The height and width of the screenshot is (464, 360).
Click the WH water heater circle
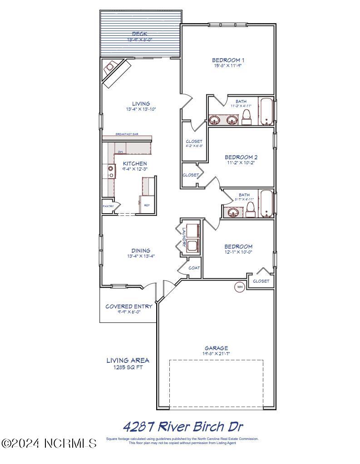pos(239,286)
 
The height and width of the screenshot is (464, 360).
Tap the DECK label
pos(140,34)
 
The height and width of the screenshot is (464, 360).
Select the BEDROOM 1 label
pos(228,60)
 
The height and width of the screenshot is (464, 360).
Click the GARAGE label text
pos(216,348)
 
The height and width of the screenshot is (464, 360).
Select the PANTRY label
pos(108,206)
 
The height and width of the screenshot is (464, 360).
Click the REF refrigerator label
pos(147,205)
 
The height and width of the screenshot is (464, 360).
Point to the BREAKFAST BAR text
pos(127,134)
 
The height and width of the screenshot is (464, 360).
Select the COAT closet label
pos(194,268)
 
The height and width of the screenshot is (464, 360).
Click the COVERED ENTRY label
pos(129,306)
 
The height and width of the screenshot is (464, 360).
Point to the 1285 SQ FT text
pos(128,367)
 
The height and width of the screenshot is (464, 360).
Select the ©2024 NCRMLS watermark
pos(49,443)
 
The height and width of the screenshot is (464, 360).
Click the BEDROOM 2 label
pos(241,157)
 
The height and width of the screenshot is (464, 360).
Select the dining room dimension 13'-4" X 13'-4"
pos(141,256)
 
